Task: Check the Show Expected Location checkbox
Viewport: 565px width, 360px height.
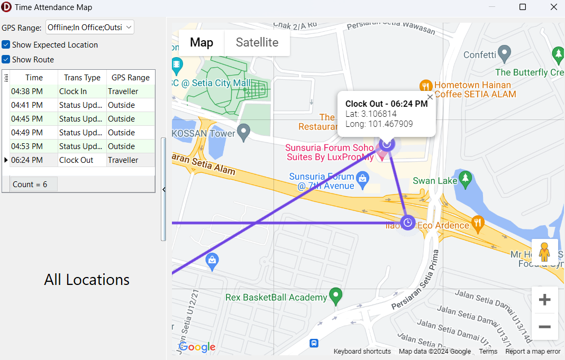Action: coord(6,45)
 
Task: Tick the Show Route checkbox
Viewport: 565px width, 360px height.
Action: coord(6,60)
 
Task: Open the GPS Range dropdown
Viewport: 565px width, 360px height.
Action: coord(90,27)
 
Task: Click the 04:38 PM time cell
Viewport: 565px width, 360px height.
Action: coord(33,91)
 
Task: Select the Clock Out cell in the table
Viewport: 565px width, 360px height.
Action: coord(81,160)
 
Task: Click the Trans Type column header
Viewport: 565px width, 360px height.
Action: coord(82,78)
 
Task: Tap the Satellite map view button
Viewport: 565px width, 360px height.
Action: coord(257,43)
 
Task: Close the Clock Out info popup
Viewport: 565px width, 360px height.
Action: coord(430,97)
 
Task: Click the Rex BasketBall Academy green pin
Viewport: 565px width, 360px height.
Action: coord(335,296)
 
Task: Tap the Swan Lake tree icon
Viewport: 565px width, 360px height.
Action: coord(465,179)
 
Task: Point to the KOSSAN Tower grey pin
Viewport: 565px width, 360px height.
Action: coord(243,132)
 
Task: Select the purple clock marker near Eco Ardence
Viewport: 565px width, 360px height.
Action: coord(408,223)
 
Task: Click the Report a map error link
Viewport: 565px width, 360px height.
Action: coord(533,352)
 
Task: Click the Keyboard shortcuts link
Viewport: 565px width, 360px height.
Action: coord(362,352)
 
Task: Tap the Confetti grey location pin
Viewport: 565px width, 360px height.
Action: coord(505,53)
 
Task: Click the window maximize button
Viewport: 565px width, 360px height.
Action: coord(523,7)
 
